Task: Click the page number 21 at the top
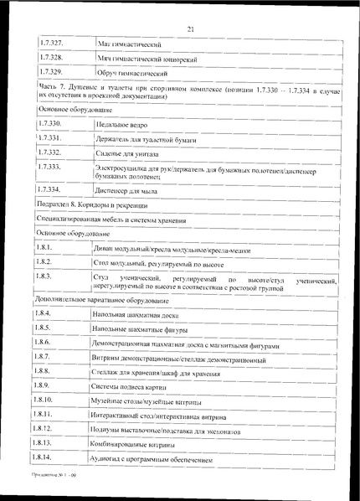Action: (190, 29)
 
